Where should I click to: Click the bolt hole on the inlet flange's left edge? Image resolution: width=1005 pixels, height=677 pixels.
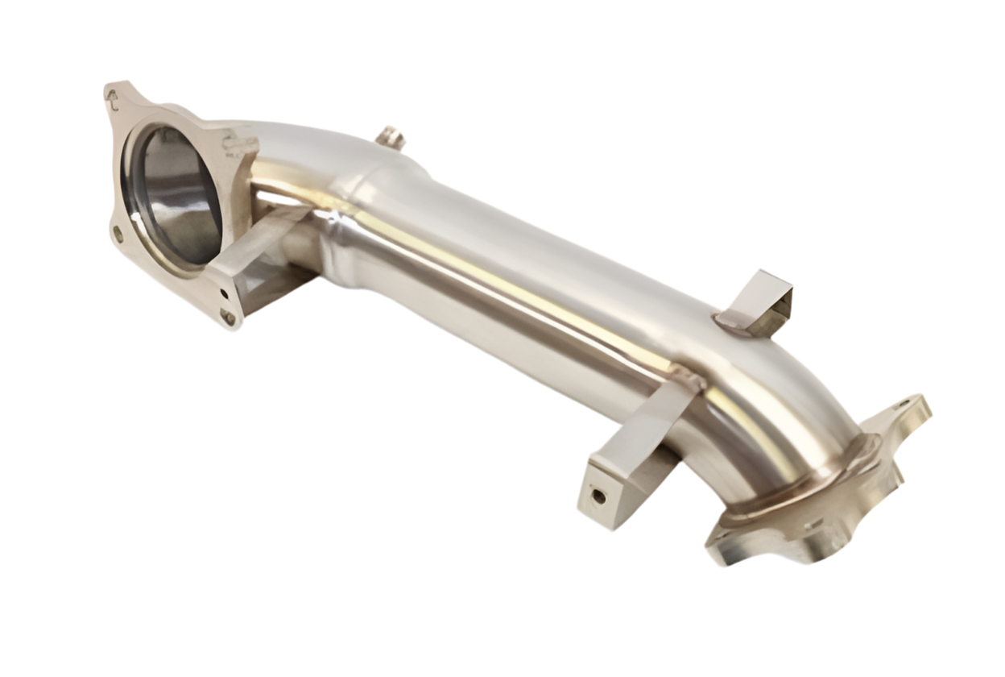118,234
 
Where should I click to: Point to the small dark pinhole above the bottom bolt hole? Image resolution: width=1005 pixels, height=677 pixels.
223,293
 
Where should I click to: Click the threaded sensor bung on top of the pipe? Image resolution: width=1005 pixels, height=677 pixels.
390,138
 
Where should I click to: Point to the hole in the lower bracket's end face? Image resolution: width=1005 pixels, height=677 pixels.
598,496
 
